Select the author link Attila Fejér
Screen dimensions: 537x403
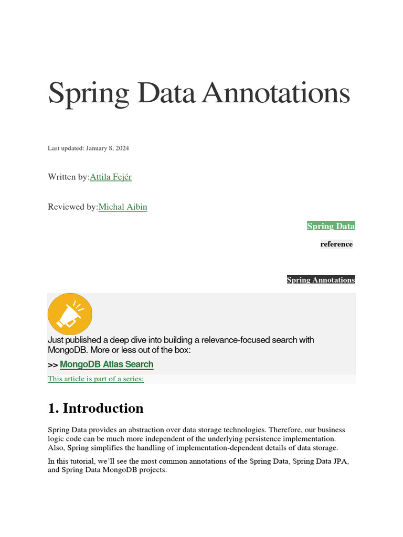click(x=111, y=177)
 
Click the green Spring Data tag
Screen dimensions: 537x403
click(x=331, y=226)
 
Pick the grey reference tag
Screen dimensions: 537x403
click(x=336, y=244)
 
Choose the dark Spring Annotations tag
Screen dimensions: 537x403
click(x=321, y=280)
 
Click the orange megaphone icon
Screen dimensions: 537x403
click(x=70, y=314)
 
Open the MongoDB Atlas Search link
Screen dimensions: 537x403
click(x=107, y=364)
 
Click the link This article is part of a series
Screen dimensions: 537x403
click(x=96, y=379)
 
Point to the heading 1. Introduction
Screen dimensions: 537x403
click(x=96, y=408)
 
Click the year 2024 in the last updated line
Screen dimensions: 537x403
click(x=122, y=148)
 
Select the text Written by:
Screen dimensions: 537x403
click(x=69, y=177)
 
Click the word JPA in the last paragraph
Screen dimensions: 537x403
click(x=341, y=461)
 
